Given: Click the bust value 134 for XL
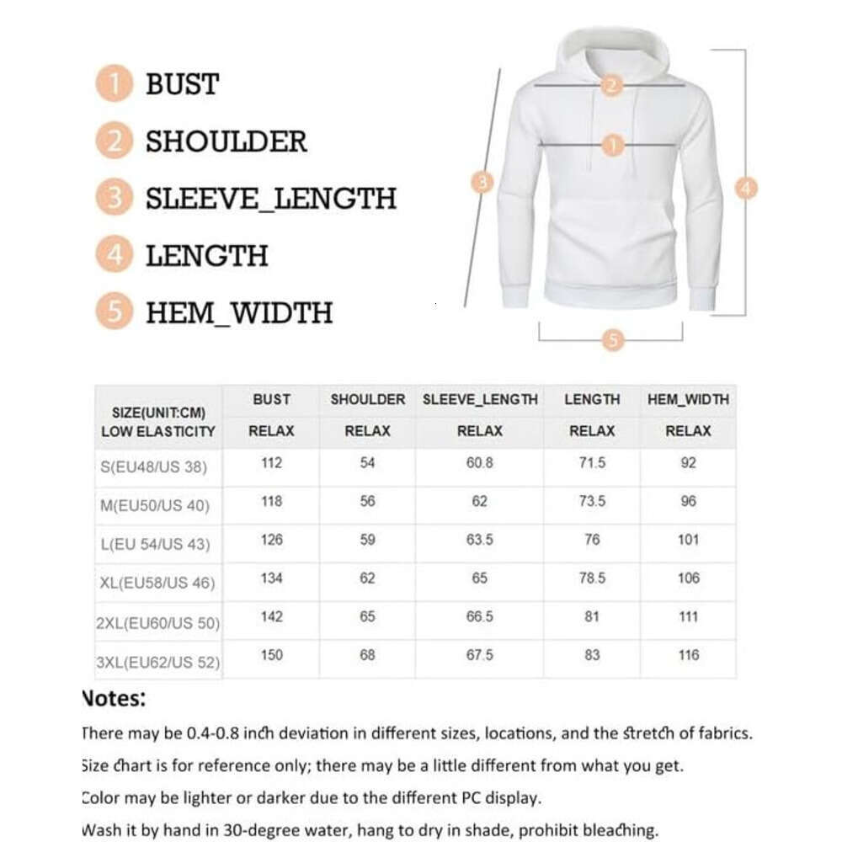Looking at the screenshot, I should pyautogui.click(x=272, y=578).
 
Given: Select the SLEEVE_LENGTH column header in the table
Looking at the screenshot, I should pyautogui.click(x=480, y=400).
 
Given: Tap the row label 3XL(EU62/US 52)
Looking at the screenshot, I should pyautogui.click(x=159, y=662).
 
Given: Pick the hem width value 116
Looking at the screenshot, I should pyautogui.click(x=689, y=655).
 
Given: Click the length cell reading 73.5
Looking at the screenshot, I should pyautogui.click(x=592, y=501).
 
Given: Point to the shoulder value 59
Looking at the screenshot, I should pyautogui.click(x=367, y=540).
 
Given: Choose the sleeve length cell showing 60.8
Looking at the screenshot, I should pyautogui.click(x=479, y=463).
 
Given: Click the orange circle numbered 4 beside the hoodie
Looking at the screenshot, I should pyautogui.click(x=746, y=189).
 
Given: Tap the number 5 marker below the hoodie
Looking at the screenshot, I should pyautogui.click(x=613, y=340).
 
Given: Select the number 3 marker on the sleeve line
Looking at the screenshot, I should pyautogui.click(x=482, y=182).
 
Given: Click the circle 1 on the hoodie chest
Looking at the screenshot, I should pyautogui.click(x=613, y=146).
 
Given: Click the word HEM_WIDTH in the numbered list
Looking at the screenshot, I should pyautogui.click(x=239, y=312).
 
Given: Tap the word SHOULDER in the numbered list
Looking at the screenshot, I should pyautogui.click(x=226, y=141).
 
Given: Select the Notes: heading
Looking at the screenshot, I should pyautogui.click(x=114, y=698).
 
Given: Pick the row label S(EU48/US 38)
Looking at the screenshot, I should pyautogui.click(x=159, y=466).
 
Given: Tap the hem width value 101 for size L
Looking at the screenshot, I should pyautogui.click(x=689, y=540).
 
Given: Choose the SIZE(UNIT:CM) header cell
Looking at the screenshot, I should pyautogui.click(x=159, y=413).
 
